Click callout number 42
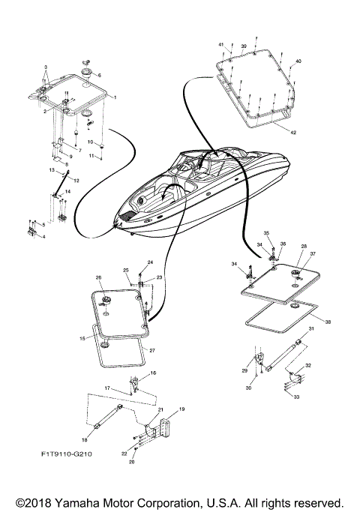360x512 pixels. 313,131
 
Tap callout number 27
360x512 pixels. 152,351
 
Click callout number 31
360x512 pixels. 310,330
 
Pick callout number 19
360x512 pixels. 181,411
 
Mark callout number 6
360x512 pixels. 97,75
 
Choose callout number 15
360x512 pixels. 83,339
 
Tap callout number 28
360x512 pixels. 304,246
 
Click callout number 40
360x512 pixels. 298,61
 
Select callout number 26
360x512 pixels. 98,277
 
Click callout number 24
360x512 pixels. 150,262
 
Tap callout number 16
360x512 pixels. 154,373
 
